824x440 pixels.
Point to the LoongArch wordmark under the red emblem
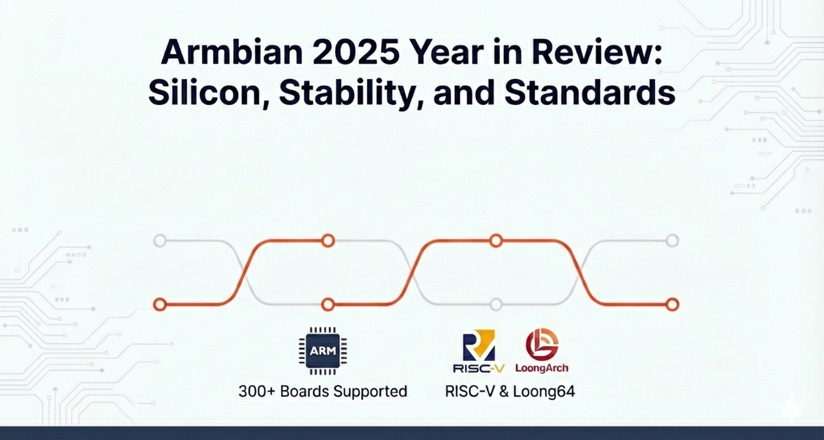click(x=542, y=369)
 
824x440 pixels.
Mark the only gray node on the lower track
click(x=496, y=304)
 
